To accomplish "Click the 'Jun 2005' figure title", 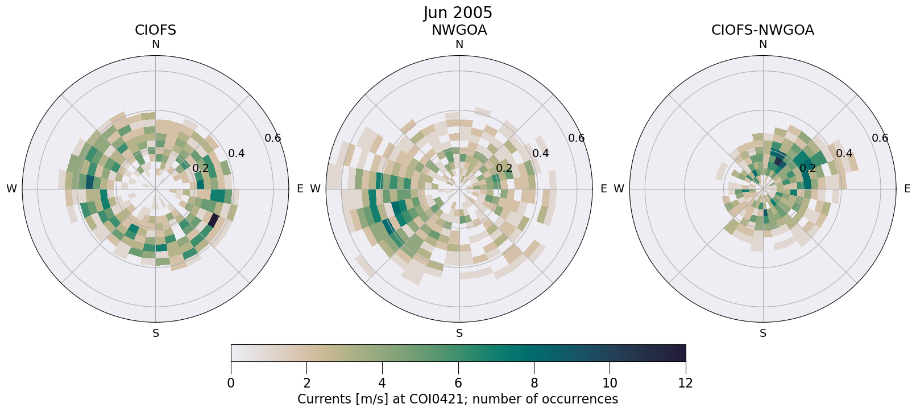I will click(458, 13).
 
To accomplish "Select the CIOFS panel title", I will click(155, 30).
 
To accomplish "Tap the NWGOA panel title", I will click(459, 30).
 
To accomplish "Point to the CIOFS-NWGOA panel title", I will click(762, 30).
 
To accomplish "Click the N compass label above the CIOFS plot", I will click(155, 44).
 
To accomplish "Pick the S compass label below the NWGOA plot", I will click(459, 333).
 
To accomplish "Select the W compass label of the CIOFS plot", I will click(11, 189).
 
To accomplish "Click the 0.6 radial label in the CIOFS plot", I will click(273, 138).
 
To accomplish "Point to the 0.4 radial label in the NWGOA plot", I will click(540, 154).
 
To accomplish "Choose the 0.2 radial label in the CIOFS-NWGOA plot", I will click(807, 168).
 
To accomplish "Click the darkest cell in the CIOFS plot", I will click(214, 220).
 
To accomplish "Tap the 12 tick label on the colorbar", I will click(685, 383).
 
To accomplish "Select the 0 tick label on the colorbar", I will click(231, 383).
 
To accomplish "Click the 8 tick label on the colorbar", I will click(534, 383).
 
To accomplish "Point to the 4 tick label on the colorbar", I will click(382, 383).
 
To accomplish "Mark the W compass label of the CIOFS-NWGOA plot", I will click(619, 189).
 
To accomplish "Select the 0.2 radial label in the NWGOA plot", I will click(504, 168).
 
